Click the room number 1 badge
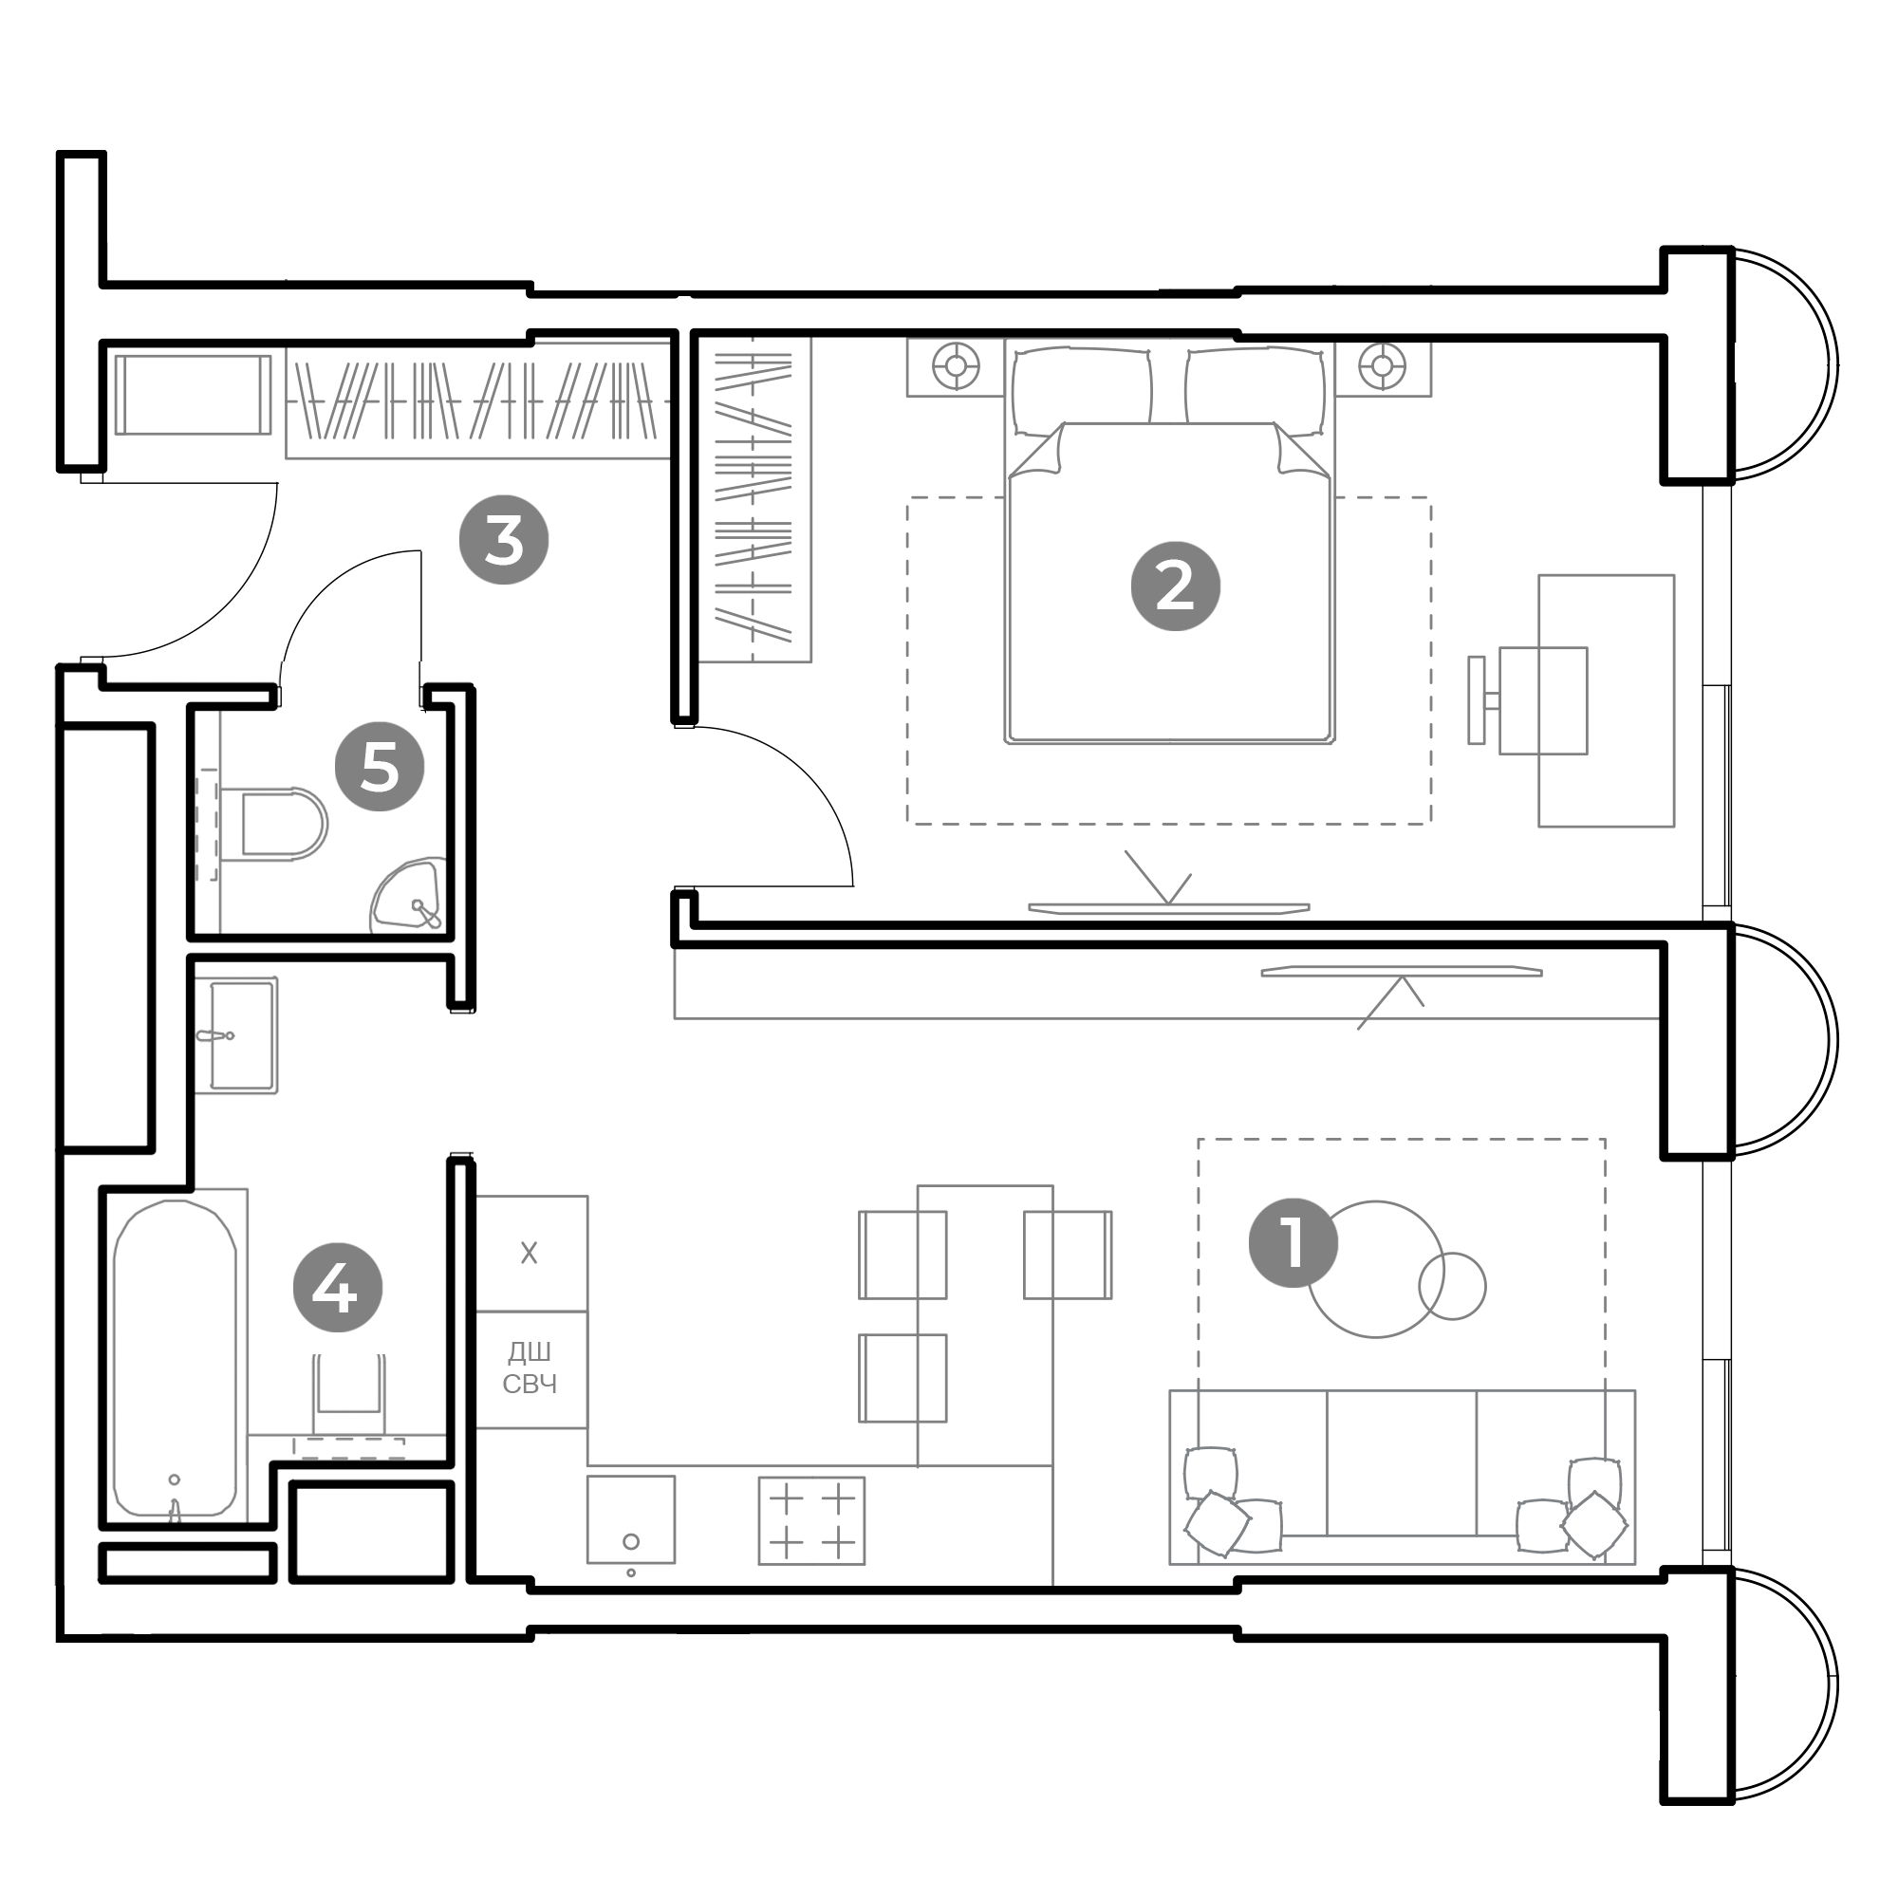1292,1243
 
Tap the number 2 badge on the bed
1175,586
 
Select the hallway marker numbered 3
504,540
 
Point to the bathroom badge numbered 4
338,1287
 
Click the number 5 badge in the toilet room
380,766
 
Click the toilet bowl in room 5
283,823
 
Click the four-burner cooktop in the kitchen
811,1519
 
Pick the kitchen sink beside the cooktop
631,1518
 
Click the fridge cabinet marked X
530,1253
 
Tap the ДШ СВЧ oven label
530,1368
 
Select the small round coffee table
1452,1286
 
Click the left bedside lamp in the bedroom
955,366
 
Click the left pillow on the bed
1082,390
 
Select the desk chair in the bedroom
1529,700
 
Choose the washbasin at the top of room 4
243,1034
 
